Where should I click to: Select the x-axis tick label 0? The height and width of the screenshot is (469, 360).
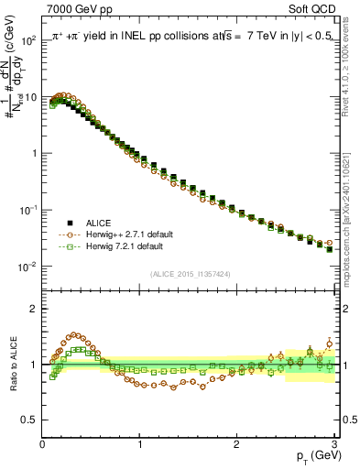click(42, 443)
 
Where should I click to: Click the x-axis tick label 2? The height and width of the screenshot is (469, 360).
click(236, 443)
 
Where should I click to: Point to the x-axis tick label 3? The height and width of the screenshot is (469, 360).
click(333, 443)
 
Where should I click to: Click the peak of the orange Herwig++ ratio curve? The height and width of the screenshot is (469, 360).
click(75, 335)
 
